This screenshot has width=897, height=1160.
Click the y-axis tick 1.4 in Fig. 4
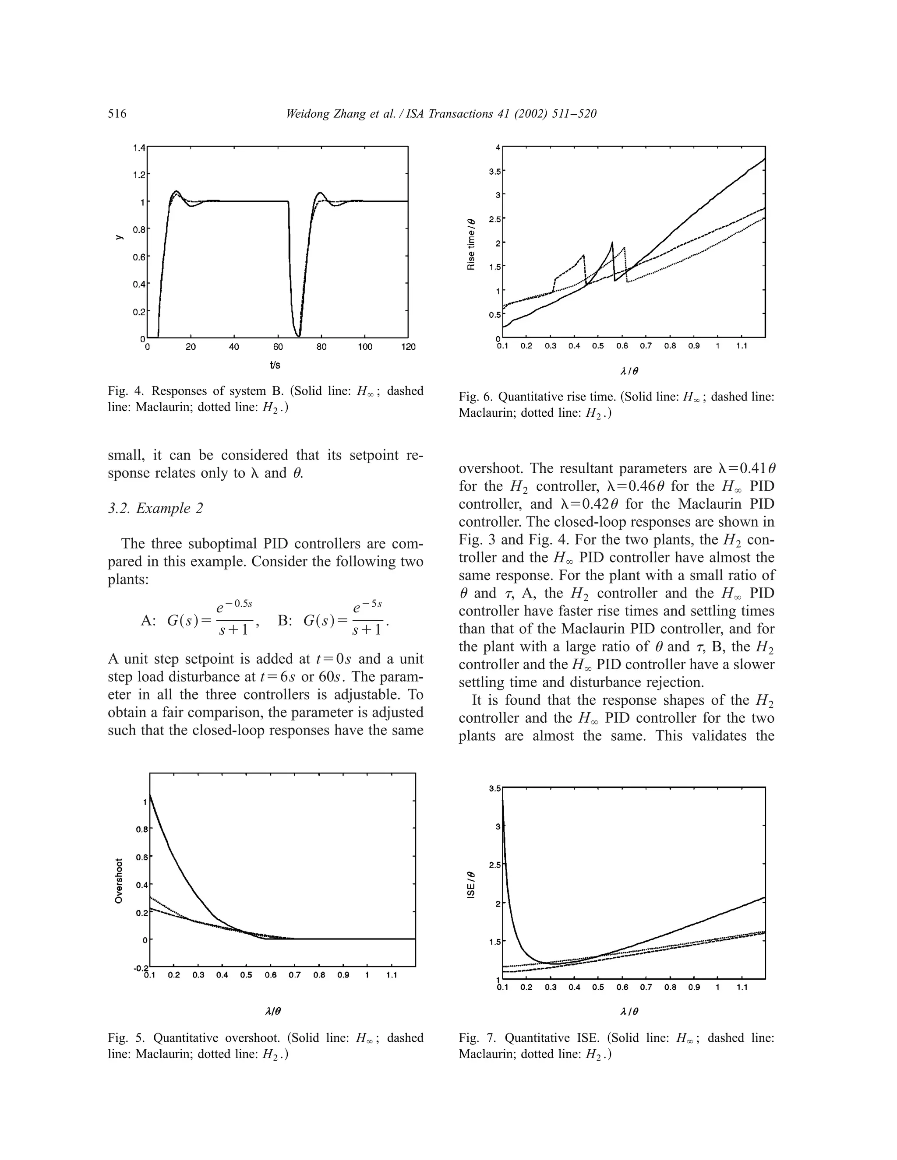[x=139, y=147]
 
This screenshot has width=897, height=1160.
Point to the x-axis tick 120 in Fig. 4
[x=408, y=347]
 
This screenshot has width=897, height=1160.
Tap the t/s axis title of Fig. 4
[x=275, y=365]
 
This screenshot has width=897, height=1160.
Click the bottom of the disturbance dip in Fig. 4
[x=299, y=336]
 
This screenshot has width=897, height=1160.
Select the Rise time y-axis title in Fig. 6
[x=471, y=244]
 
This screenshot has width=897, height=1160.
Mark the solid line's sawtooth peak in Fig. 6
[x=612, y=243]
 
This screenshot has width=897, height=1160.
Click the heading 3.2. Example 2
[x=155, y=508]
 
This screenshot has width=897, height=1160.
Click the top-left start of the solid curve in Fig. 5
[x=150, y=795]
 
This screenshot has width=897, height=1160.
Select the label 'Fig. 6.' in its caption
[x=476, y=397]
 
